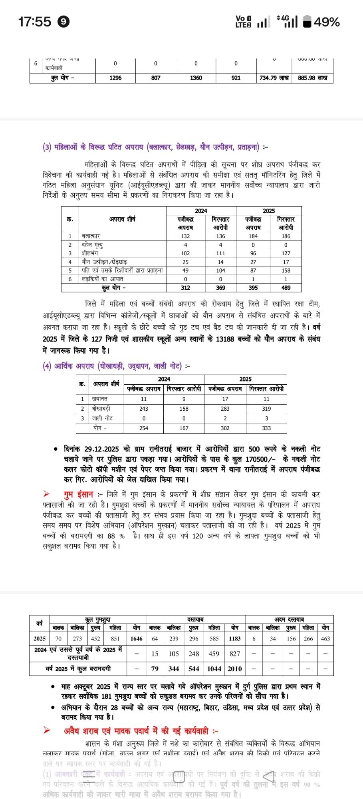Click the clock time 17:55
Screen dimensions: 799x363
(x=35, y=21)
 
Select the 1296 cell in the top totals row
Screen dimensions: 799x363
(x=115, y=78)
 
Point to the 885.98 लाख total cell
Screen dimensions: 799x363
(x=313, y=78)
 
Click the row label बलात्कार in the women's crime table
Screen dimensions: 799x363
(x=91, y=236)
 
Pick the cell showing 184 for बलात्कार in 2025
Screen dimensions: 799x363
(x=253, y=236)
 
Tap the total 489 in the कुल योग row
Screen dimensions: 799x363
(x=286, y=288)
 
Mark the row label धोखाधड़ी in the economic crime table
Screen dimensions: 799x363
(x=101, y=409)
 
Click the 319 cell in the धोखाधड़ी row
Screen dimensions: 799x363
(x=266, y=409)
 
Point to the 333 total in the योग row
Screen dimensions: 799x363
(x=266, y=428)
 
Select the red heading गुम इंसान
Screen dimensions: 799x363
(x=78, y=495)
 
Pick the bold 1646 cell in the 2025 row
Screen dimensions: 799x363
(x=136, y=638)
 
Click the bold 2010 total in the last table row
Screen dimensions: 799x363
(x=235, y=669)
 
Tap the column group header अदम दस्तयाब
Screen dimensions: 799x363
(x=289, y=619)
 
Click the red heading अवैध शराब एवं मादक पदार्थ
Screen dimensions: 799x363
(x=136, y=731)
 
